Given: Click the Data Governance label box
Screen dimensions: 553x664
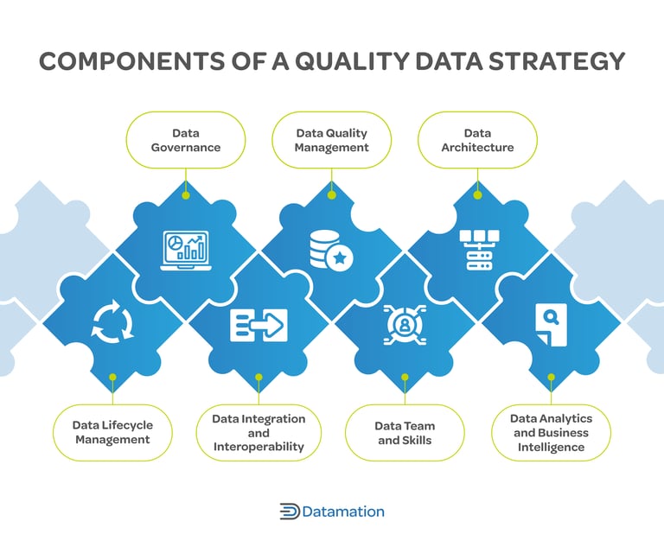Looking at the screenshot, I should point(186,140).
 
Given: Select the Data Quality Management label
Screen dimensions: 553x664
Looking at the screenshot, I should point(332,140).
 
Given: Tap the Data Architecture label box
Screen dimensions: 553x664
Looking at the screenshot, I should point(477,140).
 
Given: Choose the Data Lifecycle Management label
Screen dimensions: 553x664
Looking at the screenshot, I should point(112,432).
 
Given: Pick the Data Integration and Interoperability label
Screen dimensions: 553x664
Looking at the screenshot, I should point(259,432).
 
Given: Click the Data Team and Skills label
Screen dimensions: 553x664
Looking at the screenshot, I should point(405,432).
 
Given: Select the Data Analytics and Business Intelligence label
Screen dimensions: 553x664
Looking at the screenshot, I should point(551,432).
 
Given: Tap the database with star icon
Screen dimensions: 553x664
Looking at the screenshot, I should point(330,251).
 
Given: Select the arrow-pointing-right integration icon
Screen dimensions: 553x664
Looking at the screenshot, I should point(259,325).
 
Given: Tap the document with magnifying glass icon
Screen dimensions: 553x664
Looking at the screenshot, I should point(551,325).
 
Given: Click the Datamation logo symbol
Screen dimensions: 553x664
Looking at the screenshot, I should point(289,512).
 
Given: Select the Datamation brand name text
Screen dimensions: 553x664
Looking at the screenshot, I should point(343,512).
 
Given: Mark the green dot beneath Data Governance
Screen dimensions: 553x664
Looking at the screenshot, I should point(186,195).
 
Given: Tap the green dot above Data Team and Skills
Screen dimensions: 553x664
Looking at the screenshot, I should point(405,377).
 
